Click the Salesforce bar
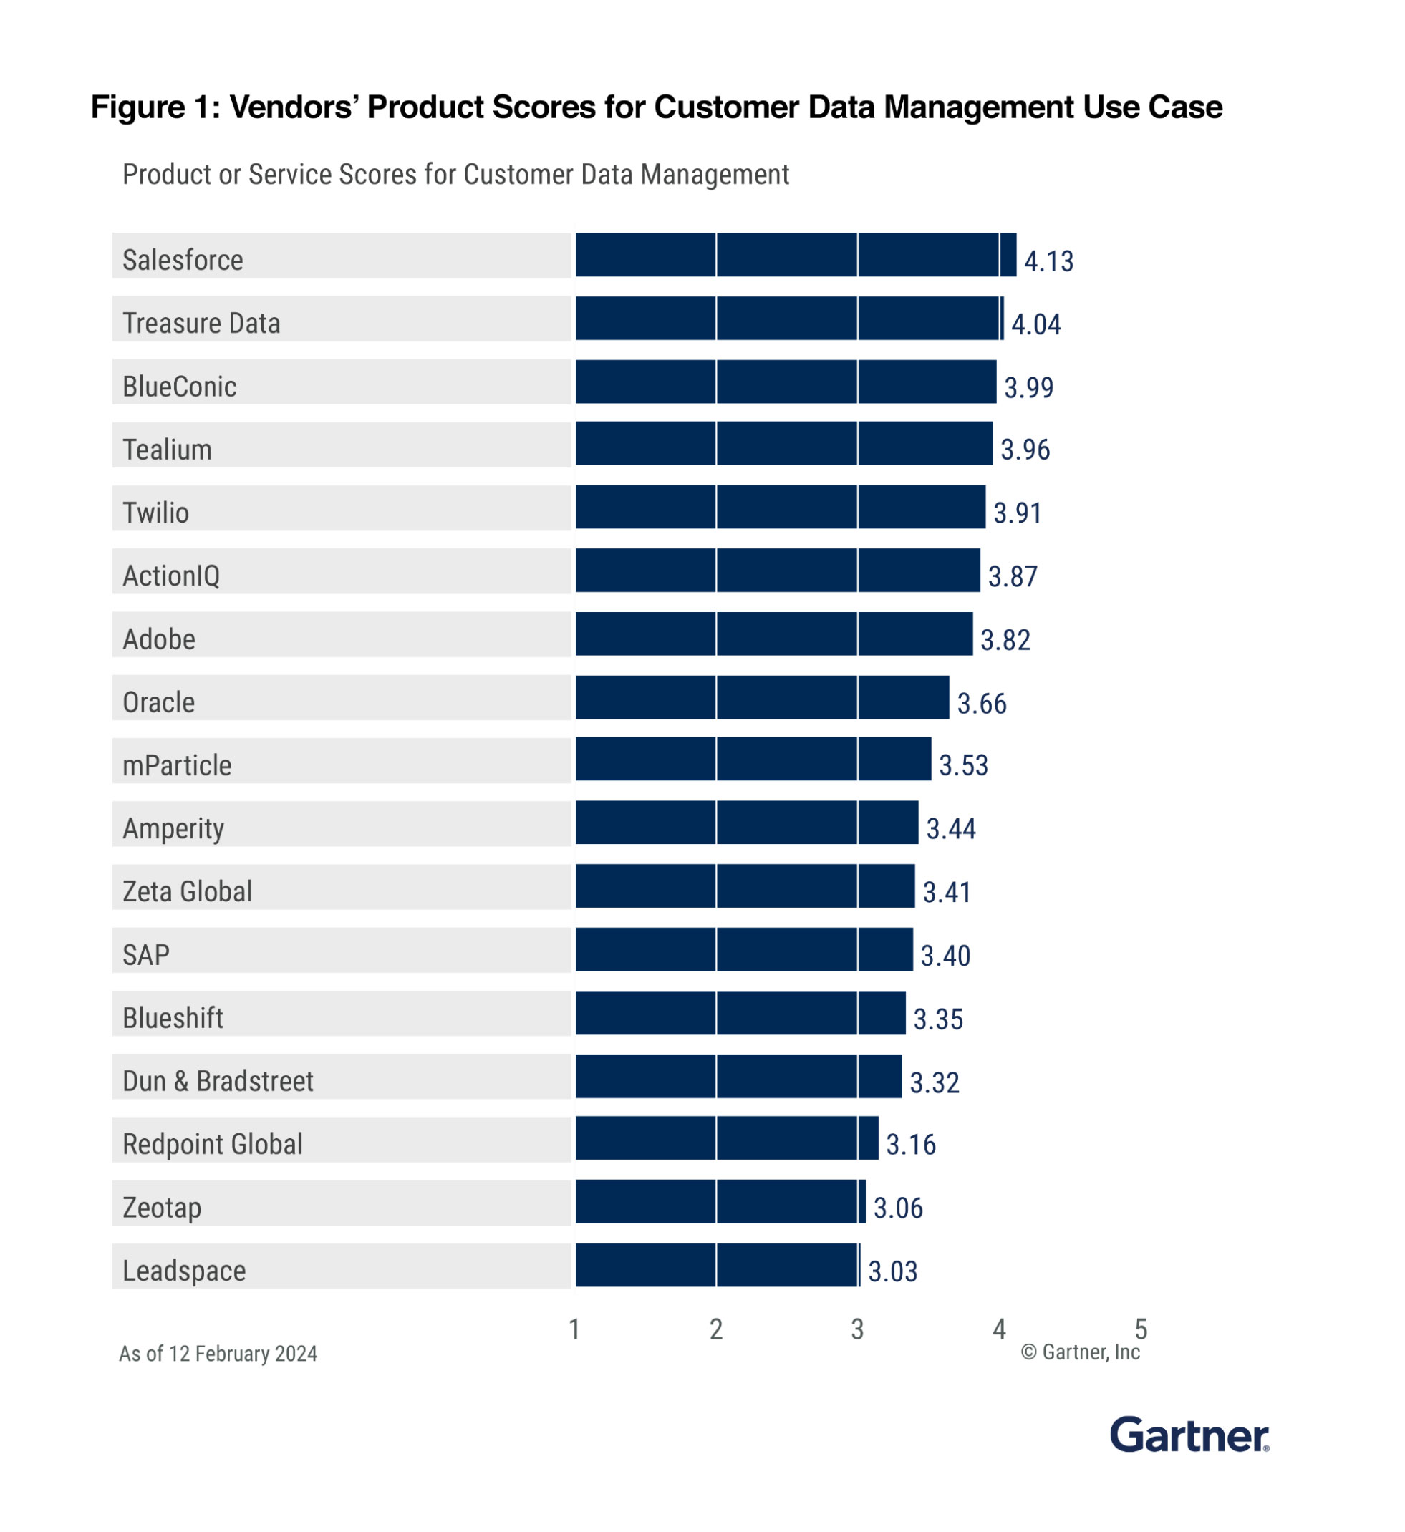(x=794, y=256)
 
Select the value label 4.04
(x=1035, y=324)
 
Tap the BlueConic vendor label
(x=180, y=387)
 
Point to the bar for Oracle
(x=762, y=697)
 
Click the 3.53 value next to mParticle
(x=963, y=765)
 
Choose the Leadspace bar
(x=716, y=1265)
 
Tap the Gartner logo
(x=1189, y=1435)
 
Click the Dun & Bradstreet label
(x=218, y=1082)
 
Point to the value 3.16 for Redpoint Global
(x=911, y=1145)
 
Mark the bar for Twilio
(x=780, y=507)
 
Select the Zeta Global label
(x=187, y=891)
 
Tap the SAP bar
(x=743, y=950)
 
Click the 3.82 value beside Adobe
(x=1005, y=640)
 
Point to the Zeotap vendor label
(x=162, y=1208)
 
